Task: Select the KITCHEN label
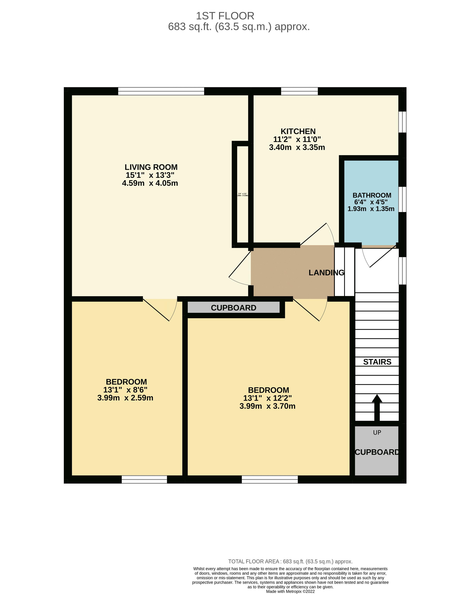click(298, 131)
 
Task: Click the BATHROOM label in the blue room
click(372, 195)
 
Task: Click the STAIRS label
click(377, 362)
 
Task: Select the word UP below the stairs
click(377, 433)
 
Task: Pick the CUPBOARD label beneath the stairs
click(377, 452)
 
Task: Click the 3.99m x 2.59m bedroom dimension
click(125, 398)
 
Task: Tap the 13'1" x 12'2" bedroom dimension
click(267, 398)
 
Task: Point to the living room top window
click(161, 91)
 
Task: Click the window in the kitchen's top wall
click(299, 91)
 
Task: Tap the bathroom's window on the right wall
click(402, 199)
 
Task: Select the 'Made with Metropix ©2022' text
click(290, 591)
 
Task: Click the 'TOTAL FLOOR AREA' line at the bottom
click(290, 561)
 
